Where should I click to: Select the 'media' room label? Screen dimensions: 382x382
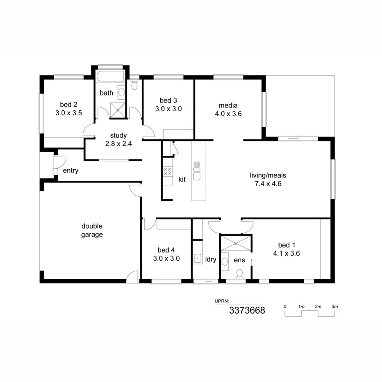(x=228, y=105)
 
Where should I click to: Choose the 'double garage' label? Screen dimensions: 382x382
(x=92, y=230)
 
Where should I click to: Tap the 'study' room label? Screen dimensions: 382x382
(x=118, y=135)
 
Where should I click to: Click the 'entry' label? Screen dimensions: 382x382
(x=70, y=171)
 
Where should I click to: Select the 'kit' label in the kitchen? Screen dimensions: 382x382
(x=182, y=180)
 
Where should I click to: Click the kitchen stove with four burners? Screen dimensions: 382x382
(x=168, y=171)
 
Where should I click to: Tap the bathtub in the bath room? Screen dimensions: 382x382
(x=110, y=76)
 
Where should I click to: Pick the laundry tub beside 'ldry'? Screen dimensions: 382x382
(x=197, y=258)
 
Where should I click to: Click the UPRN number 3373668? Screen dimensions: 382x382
(x=247, y=310)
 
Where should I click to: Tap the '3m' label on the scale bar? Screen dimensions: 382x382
(x=334, y=307)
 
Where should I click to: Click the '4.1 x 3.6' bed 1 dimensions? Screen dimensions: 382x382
(x=286, y=253)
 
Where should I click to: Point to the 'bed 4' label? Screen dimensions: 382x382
(x=166, y=250)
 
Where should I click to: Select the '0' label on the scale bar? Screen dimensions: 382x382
(x=285, y=307)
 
